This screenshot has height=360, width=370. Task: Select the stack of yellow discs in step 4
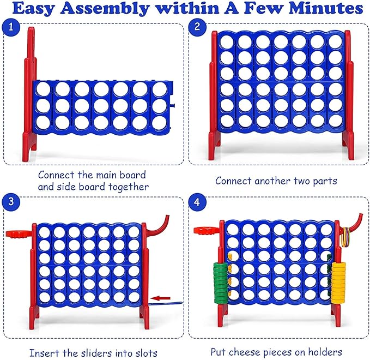click(x=339, y=283)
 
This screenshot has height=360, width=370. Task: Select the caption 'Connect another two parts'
click(x=276, y=180)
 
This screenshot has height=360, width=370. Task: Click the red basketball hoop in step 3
click(x=17, y=233)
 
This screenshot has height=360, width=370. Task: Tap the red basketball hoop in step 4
click(x=208, y=230)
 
